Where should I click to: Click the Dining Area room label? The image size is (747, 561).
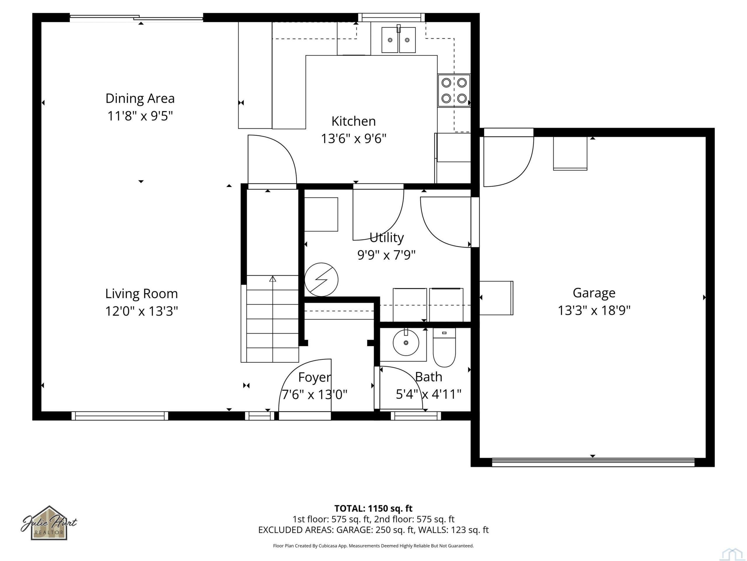tap(140, 98)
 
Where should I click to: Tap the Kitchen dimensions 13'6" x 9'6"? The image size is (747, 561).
tap(354, 139)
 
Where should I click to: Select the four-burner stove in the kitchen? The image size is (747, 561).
tap(454, 91)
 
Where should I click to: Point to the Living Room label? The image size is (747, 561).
tap(142, 294)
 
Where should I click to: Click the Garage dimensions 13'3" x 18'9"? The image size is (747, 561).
tap(594, 310)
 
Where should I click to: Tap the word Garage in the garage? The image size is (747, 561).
tap(594, 293)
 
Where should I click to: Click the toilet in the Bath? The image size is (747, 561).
tap(444, 347)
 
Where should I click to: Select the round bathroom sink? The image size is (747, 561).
tap(406, 342)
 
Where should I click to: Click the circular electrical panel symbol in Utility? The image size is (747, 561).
tap(321, 280)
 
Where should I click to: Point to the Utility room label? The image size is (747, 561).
tap(387, 238)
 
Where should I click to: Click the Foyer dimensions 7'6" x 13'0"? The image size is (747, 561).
tap(314, 394)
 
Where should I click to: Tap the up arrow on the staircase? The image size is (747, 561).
tap(273, 279)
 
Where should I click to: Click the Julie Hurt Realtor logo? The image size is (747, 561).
tap(49, 523)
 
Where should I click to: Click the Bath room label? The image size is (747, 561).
tap(429, 377)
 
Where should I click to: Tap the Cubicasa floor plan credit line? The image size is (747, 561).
tap(373, 546)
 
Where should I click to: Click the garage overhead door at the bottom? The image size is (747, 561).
tap(593, 462)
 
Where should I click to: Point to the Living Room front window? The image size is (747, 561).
tap(120, 416)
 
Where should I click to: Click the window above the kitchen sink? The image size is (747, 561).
tap(391, 17)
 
